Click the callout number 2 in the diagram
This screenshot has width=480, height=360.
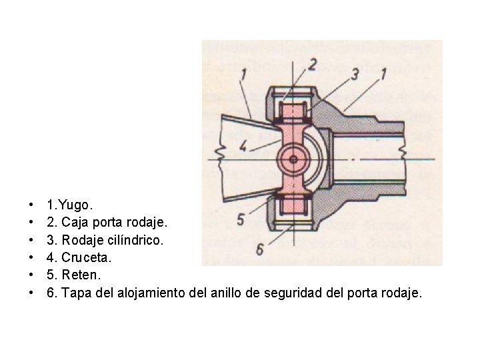point(311,65)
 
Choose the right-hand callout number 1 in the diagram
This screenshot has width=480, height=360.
point(384,74)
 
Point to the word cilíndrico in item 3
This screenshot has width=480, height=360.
point(137,238)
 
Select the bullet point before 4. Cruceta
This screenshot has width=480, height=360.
point(31,257)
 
